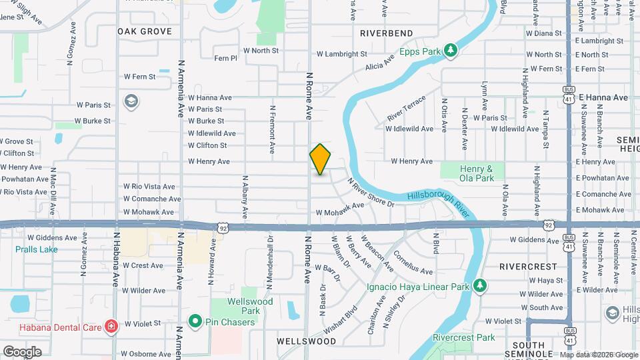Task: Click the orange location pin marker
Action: pos(320,159)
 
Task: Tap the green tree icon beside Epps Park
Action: pos(451,50)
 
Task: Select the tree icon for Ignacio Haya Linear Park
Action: pos(479,286)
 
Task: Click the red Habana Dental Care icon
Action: pos(111,327)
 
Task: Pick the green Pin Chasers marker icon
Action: pos(195,322)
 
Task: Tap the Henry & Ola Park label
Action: pos(476,173)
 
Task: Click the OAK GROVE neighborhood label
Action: pos(145,31)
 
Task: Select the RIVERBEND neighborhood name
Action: pos(386,33)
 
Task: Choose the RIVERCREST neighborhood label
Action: pos(527,266)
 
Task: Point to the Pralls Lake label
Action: pos(37,249)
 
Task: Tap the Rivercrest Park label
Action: pos(463,337)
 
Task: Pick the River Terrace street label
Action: pos(405,108)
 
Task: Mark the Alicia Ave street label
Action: pos(379,64)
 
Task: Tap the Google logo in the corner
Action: pos(22,351)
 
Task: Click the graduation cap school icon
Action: pos(131,101)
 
